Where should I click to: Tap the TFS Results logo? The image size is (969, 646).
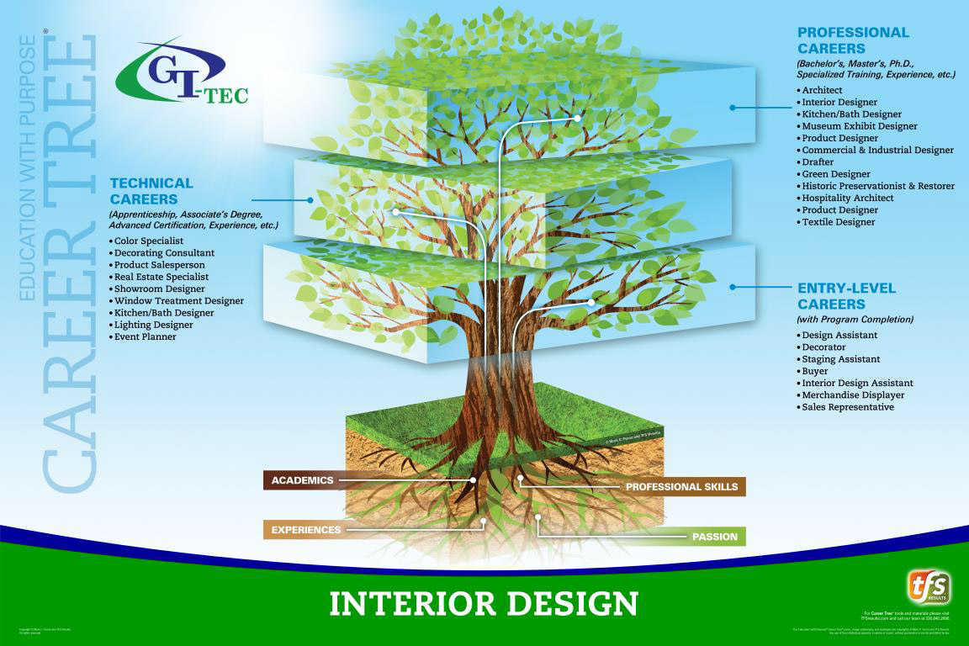tap(929, 587)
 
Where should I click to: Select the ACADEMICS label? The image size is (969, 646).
tap(302, 480)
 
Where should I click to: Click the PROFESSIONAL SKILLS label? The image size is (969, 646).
tap(681, 486)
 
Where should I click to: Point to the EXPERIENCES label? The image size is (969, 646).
tap(305, 530)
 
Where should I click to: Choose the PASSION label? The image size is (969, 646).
tap(714, 536)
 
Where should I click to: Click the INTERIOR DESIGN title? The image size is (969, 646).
tap(484, 603)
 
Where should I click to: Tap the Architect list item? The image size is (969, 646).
tap(822, 90)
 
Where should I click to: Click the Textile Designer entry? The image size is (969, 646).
tap(838, 222)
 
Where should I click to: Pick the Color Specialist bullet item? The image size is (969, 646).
tap(149, 241)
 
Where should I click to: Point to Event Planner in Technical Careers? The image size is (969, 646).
tap(146, 336)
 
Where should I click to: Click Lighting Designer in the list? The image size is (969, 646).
tap(154, 325)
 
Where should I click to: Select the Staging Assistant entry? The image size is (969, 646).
tap(841, 359)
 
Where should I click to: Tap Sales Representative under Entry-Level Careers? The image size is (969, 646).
tap(848, 407)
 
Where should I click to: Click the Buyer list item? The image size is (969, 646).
tap(815, 371)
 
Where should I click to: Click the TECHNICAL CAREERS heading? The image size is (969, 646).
tap(151, 191)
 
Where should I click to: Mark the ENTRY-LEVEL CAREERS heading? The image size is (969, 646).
tap(846, 296)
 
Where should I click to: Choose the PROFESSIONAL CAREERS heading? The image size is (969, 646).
tap(853, 40)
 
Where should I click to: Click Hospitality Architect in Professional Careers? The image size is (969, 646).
tap(848, 198)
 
